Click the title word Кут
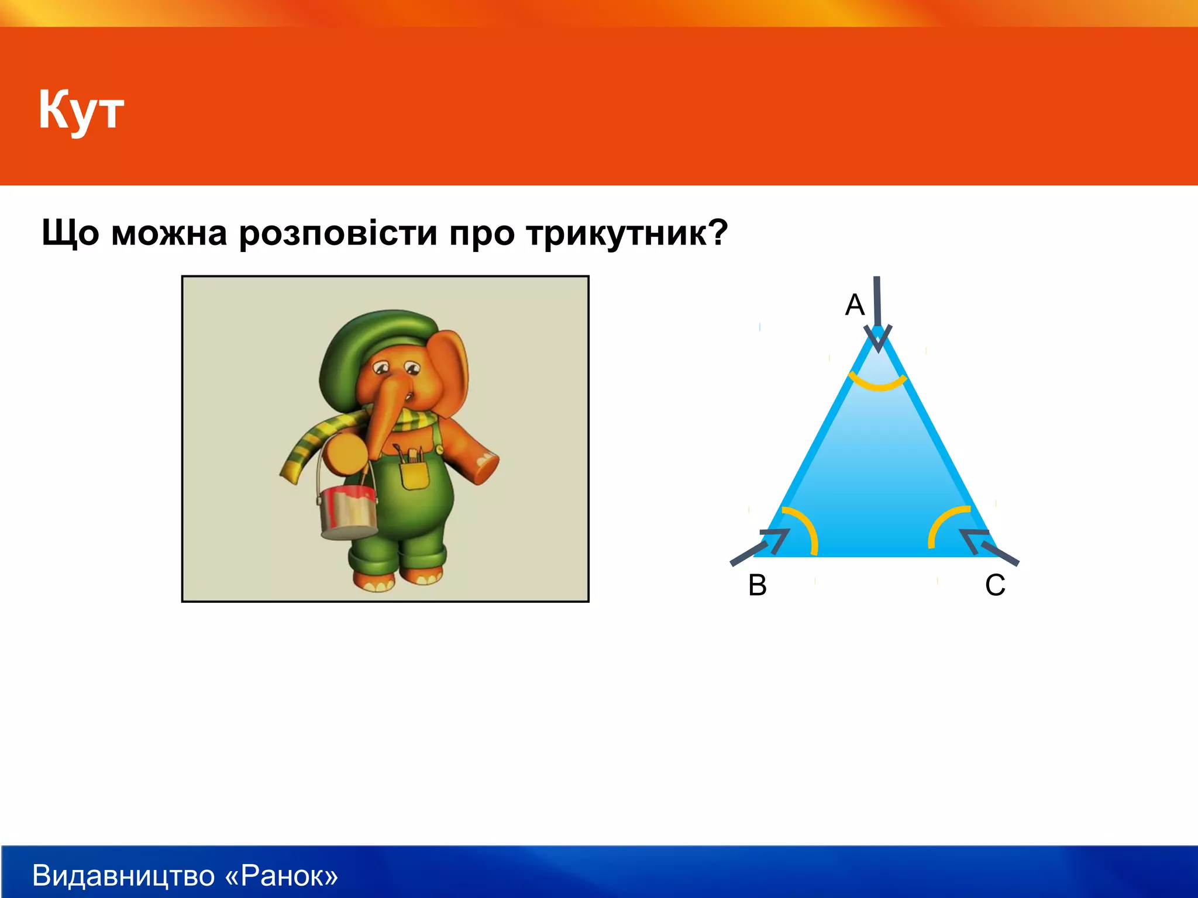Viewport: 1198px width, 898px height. pyautogui.click(x=81, y=110)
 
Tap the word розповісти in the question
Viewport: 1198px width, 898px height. pyautogui.click(x=338, y=233)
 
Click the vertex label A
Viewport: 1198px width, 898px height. pyautogui.click(x=855, y=305)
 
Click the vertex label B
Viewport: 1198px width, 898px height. pyautogui.click(x=758, y=585)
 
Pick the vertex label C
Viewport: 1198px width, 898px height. pyautogui.click(x=995, y=585)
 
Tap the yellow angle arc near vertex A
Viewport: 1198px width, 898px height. pyautogui.click(x=877, y=384)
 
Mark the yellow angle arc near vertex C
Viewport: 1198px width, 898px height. pyautogui.click(x=943, y=523)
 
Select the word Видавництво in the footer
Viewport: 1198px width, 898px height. pyautogui.click(x=123, y=876)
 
